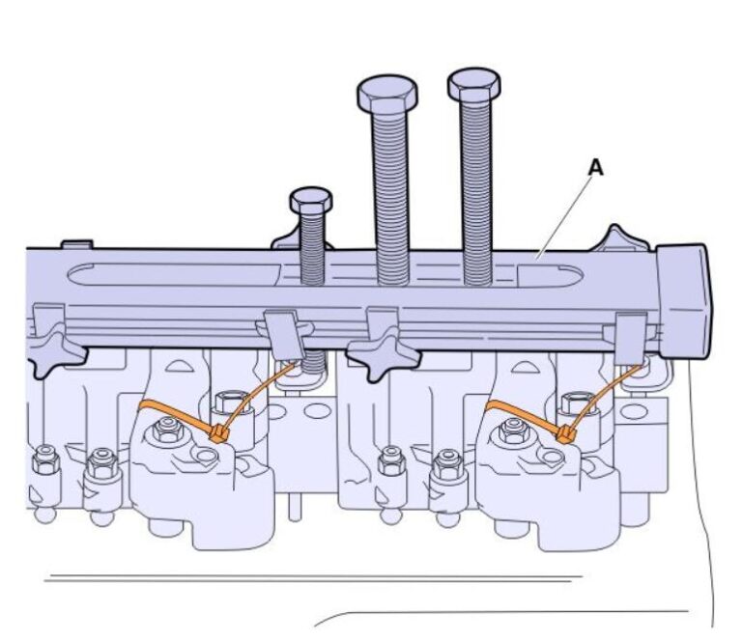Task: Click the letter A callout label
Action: click(596, 167)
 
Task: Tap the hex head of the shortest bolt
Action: click(311, 201)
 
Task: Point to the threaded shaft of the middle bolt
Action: click(392, 193)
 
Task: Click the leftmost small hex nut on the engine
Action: click(43, 461)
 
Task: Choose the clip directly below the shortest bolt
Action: click(283, 333)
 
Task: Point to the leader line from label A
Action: click(567, 212)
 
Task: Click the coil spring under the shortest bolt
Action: click(311, 362)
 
